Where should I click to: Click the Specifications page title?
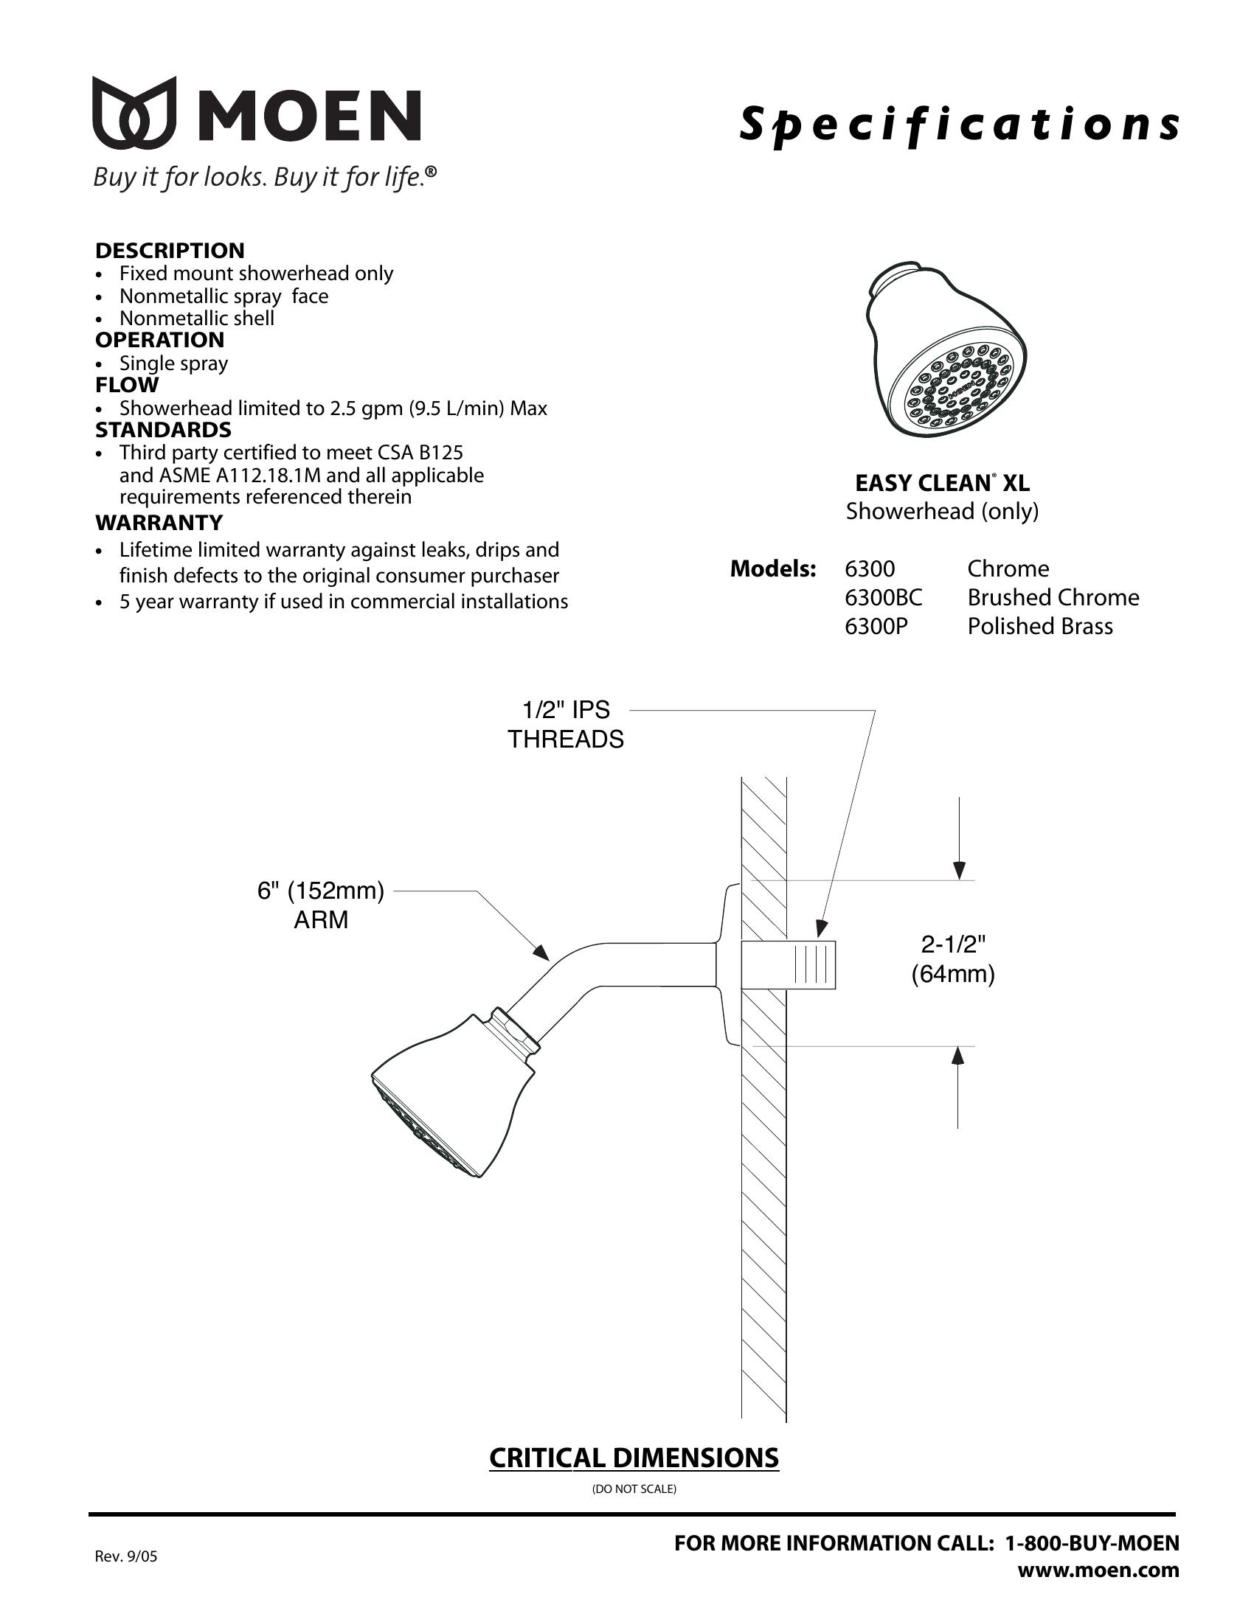(959, 124)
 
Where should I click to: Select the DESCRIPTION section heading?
(170, 250)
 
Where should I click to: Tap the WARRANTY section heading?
(159, 523)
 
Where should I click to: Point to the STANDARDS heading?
(163, 430)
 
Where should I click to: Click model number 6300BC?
(883, 598)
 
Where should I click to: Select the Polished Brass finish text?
(1039, 627)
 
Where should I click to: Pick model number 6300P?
(876, 627)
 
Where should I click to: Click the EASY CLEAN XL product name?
(942, 484)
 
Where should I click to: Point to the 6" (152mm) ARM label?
(321, 905)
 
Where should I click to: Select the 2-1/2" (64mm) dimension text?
(953, 959)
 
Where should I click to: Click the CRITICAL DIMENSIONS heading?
(634, 1458)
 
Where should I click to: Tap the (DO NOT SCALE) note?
(634, 1489)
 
